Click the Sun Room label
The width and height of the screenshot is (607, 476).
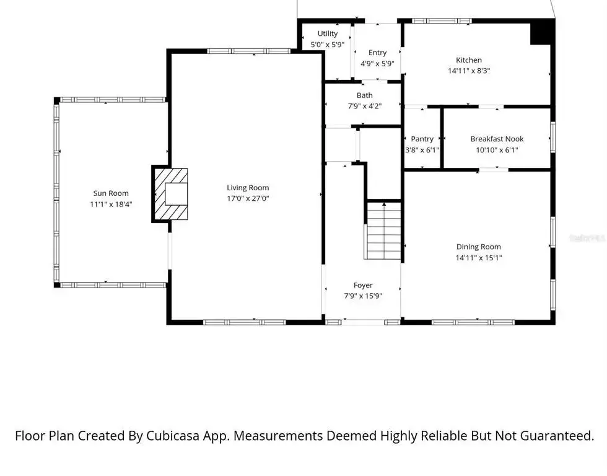pyautogui.click(x=111, y=193)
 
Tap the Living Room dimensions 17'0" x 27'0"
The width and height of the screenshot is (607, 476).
pyautogui.click(x=248, y=198)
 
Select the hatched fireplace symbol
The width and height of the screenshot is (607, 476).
pyautogui.click(x=171, y=194)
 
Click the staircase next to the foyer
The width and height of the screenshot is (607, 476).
pyautogui.click(x=383, y=231)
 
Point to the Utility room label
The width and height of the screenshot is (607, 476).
pyautogui.click(x=328, y=33)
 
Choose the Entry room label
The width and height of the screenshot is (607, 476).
pyautogui.click(x=377, y=52)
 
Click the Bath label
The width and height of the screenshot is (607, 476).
pyautogui.click(x=365, y=95)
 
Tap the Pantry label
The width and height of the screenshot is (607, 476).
pyautogui.click(x=422, y=139)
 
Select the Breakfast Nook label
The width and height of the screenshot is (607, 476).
pyautogui.click(x=497, y=139)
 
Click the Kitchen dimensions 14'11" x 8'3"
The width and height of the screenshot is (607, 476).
pyautogui.click(x=469, y=71)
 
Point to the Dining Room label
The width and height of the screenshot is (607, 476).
pyautogui.click(x=478, y=247)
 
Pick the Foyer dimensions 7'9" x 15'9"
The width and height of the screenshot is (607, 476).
pyautogui.click(x=363, y=296)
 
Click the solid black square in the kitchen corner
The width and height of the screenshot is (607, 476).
pyautogui.click(x=540, y=32)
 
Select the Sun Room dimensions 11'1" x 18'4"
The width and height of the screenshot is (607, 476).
pyautogui.click(x=111, y=204)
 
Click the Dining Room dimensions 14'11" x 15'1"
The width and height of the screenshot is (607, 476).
pyautogui.click(x=479, y=258)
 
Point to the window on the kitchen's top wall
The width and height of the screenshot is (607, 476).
pyautogui.click(x=442, y=21)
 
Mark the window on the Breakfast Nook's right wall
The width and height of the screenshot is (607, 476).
pyautogui.click(x=552, y=137)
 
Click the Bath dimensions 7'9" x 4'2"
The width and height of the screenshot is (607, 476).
pyautogui.click(x=365, y=106)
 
